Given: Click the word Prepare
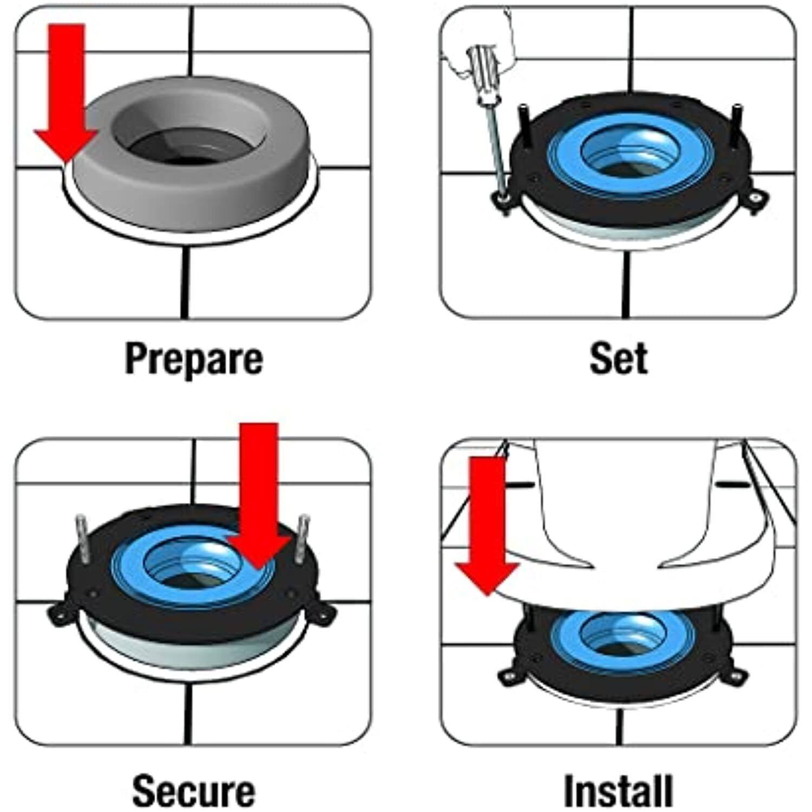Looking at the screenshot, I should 193,359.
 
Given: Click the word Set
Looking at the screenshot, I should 618,358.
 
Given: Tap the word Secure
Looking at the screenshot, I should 193,790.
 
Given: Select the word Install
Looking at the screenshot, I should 618,790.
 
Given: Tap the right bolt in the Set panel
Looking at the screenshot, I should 736,125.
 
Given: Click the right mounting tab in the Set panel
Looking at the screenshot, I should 755,198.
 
